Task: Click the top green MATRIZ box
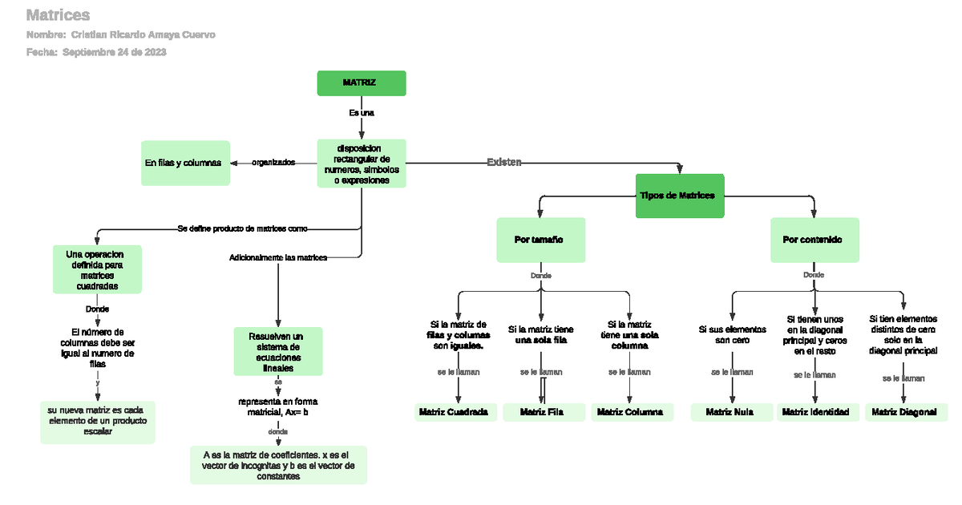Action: click(361, 83)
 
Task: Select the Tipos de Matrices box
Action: click(680, 196)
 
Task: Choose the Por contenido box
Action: click(814, 240)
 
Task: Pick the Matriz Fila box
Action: click(542, 412)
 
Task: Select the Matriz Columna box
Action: click(630, 412)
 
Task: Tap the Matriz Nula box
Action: click(730, 412)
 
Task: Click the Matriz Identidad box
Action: click(815, 412)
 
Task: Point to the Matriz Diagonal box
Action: click(905, 412)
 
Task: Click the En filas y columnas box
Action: click(184, 163)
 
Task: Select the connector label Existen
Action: click(504, 162)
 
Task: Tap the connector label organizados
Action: click(273, 162)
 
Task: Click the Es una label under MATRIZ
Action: click(362, 112)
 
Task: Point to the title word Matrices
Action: click(58, 14)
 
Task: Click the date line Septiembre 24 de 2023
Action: click(114, 52)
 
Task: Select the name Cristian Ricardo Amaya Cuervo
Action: click(143, 34)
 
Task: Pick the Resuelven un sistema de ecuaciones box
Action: click(277, 351)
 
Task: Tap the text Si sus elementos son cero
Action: click(732, 334)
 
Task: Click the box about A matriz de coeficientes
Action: click(278, 465)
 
